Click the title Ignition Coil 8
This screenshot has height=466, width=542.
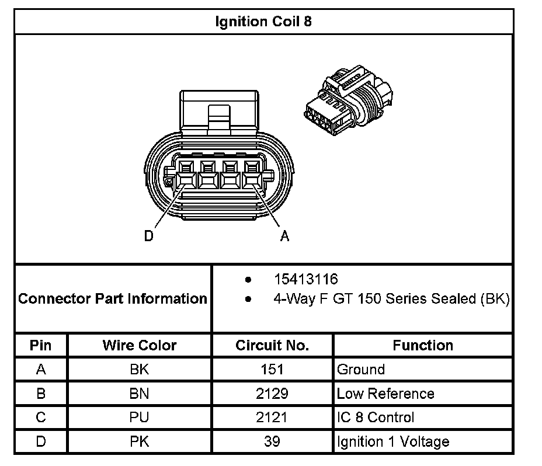pyautogui.click(x=264, y=22)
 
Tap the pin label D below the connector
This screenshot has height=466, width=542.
pyautogui.click(x=149, y=237)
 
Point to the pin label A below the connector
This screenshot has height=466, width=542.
pyautogui.click(x=284, y=237)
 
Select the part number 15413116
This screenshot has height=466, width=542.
pyautogui.click(x=306, y=280)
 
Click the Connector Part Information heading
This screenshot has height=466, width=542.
pyautogui.click(x=113, y=299)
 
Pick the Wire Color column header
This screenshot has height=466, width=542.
pyautogui.click(x=140, y=345)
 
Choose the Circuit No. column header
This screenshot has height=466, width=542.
pyautogui.click(x=272, y=345)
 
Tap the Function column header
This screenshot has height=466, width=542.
pyautogui.click(x=423, y=345)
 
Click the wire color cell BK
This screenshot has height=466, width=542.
pyautogui.click(x=140, y=369)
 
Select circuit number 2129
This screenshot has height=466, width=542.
pyautogui.click(x=272, y=394)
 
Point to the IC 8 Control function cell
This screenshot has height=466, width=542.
pyautogui.click(x=376, y=418)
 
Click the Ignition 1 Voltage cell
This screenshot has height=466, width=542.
pyautogui.click(x=393, y=441)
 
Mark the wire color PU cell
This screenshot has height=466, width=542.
pyautogui.click(x=140, y=418)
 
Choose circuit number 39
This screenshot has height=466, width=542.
pyautogui.click(x=272, y=441)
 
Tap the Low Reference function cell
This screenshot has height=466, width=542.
pyautogui.click(x=385, y=394)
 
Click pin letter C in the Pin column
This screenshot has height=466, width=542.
pyautogui.click(x=40, y=418)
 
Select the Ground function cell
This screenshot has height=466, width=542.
pyautogui.click(x=361, y=369)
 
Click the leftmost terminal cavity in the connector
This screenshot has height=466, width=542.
pyautogui.click(x=186, y=174)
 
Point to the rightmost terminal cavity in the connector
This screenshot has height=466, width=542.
pyautogui.click(x=253, y=174)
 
